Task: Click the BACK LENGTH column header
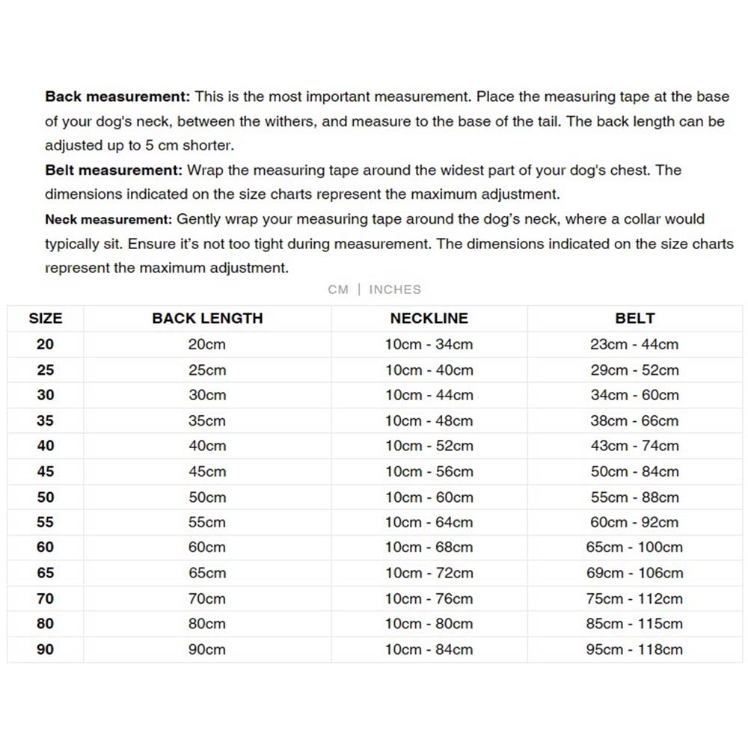207,318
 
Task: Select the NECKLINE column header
429,318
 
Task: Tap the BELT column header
634,318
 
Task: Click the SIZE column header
46,318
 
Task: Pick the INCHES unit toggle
395,289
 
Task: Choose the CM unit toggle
338,289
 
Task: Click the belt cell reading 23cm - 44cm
634,344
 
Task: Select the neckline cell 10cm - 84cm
429,649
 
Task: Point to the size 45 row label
46,471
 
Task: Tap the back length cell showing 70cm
207,598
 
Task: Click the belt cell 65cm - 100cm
634,547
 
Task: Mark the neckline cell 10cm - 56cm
429,471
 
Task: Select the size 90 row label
46,649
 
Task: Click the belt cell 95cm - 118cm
634,649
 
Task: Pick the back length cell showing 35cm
207,420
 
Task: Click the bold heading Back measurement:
118,96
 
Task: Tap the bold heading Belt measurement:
114,170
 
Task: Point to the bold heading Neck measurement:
108,219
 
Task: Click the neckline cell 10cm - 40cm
429,370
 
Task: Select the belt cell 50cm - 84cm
634,471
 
